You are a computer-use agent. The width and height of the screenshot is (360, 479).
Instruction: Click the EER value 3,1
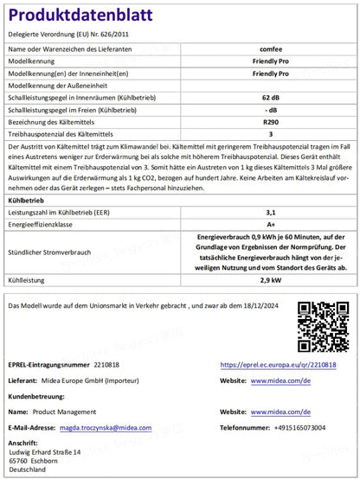tap(270, 210)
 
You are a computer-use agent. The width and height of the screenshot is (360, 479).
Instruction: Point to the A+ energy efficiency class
tap(270, 222)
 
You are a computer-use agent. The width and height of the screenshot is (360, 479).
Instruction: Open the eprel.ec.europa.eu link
tap(278, 365)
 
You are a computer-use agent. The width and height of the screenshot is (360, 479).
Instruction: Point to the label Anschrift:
tap(23, 443)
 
